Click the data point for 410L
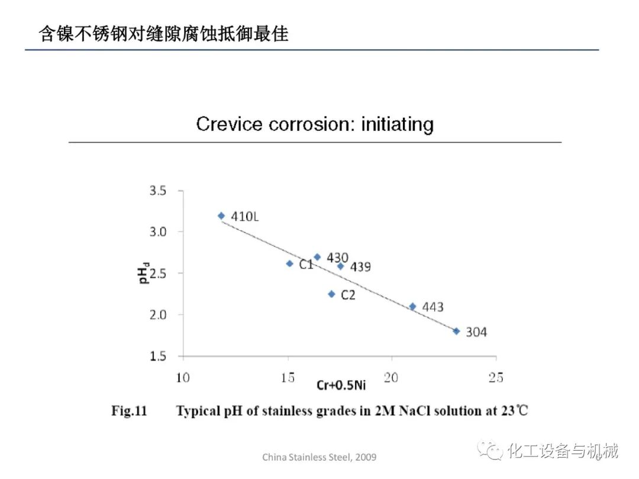tap(221, 216)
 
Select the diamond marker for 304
tap(456, 331)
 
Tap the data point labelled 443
tap(412, 306)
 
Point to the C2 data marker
tap(331, 294)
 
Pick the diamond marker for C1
tap(289, 264)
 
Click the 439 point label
tap(360, 267)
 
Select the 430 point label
tap(337, 258)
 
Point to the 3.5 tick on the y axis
tap(158, 191)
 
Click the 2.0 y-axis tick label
tap(158, 315)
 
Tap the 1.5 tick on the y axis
tap(158, 356)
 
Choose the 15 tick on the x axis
tap(288, 378)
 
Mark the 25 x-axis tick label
tap(496, 378)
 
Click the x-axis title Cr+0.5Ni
tap(341, 386)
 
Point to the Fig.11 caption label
tap(129, 411)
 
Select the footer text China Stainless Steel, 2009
tap(319, 457)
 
